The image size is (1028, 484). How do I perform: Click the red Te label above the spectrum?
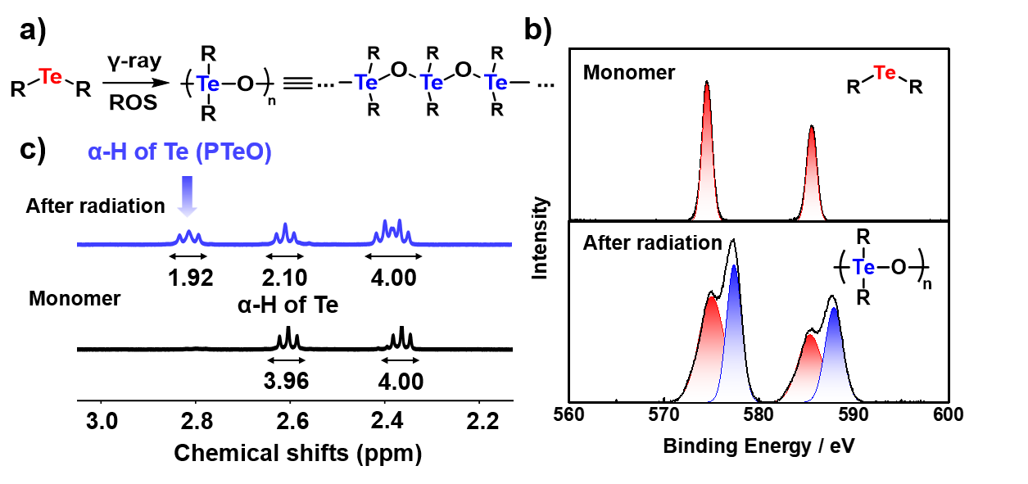pyautogui.click(x=50, y=77)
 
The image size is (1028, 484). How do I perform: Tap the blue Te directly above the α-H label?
pyautogui.click(x=208, y=84)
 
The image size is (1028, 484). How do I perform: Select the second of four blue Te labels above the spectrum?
pyautogui.click(x=366, y=82)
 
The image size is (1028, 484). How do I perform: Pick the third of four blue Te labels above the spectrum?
pyautogui.click(x=432, y=82)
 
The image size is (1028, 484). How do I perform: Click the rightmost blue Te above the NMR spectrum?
pyautogui.click(x=496, y=82)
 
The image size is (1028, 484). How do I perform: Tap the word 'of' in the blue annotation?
pyautogui.click(x=146, y=152)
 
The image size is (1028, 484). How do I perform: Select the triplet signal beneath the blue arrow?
pyautogui.click(x=188, y=237)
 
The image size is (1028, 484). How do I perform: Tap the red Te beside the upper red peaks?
pyautogui.click(x=885, y=73)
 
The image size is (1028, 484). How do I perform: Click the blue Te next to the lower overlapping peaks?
pyautogui.click(x=863, y=267)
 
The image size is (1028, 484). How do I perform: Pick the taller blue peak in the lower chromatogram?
pyautogui.click(x=735, y=336)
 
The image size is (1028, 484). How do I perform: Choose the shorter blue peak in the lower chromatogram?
pyautogui.click(x=834, y=356)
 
